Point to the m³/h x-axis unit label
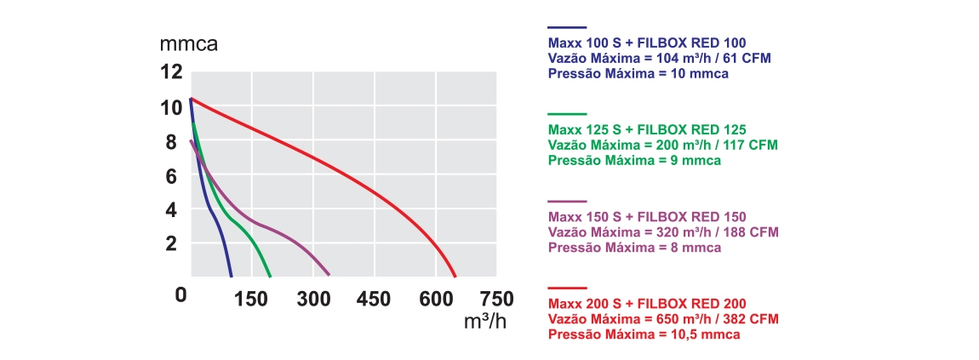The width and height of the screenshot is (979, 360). tap(485, 323)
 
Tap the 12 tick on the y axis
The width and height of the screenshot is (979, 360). tap(171, 72)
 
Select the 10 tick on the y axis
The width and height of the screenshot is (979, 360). tap(171, 108)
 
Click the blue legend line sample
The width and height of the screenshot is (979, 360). tap(567, 28)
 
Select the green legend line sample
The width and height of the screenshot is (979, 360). tap(567, 114)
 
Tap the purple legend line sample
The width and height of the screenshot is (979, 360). tap(567, 201)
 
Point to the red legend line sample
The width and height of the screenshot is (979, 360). tap(567, 289)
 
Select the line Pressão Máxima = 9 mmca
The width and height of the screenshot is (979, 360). tap(634, 160)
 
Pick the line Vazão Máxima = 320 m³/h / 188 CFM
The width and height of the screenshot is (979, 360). tap(663, 232)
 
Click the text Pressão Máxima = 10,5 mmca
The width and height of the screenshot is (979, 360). tap(644, 334)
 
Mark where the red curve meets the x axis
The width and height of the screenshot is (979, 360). tap(455, 277)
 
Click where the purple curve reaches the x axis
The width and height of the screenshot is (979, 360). tap(329, 276)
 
